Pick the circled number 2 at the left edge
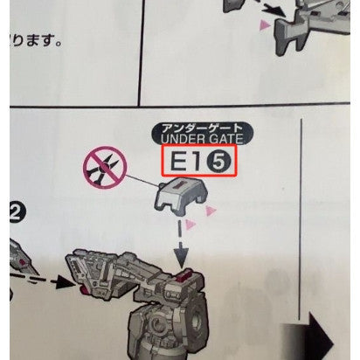15,210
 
